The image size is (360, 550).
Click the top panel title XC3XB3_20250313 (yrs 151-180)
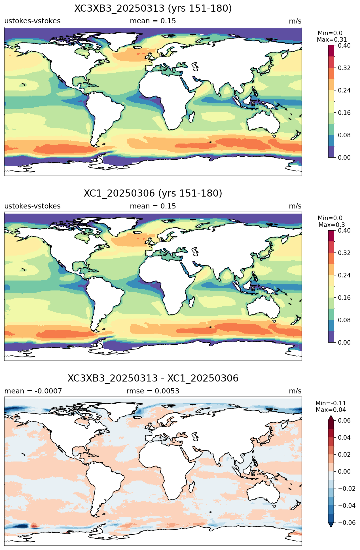click(x=153, y=9)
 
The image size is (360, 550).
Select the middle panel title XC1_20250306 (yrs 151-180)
click(x=153, y=193)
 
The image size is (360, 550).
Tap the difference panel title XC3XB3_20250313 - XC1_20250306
click(x=153, y=378)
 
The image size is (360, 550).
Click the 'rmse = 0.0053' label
click(x=153, y=391)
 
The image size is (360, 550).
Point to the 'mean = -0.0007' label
click(x=33, y=391)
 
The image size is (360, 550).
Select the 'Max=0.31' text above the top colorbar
click(x=332, y=40)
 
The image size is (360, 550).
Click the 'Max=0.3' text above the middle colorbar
click(x=332, y=225)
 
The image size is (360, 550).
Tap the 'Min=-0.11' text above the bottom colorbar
click(x=331, y=403)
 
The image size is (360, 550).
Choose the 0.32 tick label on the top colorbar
click(x=344, y=68)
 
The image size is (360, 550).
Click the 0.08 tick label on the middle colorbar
click(x=344, y=320)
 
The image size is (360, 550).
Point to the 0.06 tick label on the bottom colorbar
click(x=344, y=420)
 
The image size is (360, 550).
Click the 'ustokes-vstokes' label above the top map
click(x=32, y=21)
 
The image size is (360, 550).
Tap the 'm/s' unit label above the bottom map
click(x=295, y=391)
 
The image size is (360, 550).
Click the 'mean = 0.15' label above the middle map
click(x=153, y=206)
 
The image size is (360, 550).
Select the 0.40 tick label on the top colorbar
click(x=344, y=45)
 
